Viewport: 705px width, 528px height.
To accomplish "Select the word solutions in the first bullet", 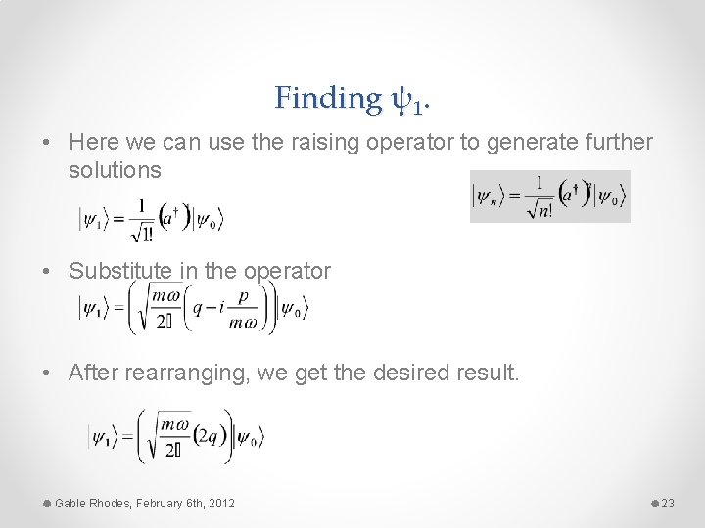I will click(x=115, y=170).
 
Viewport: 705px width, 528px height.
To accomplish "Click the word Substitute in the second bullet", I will click(x=115, y=271).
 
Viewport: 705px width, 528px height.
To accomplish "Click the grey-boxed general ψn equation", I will click(x=549, y=197).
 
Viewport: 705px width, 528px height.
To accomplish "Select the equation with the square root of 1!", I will click(x=152, y=219).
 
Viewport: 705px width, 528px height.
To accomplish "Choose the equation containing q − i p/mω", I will click(x=194, y=309).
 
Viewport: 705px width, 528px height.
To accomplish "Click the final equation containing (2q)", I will click(x=176, y=437).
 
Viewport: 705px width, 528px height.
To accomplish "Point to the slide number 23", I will click(x=669, y=503).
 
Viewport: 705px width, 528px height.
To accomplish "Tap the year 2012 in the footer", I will click(x=220, y=503).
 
